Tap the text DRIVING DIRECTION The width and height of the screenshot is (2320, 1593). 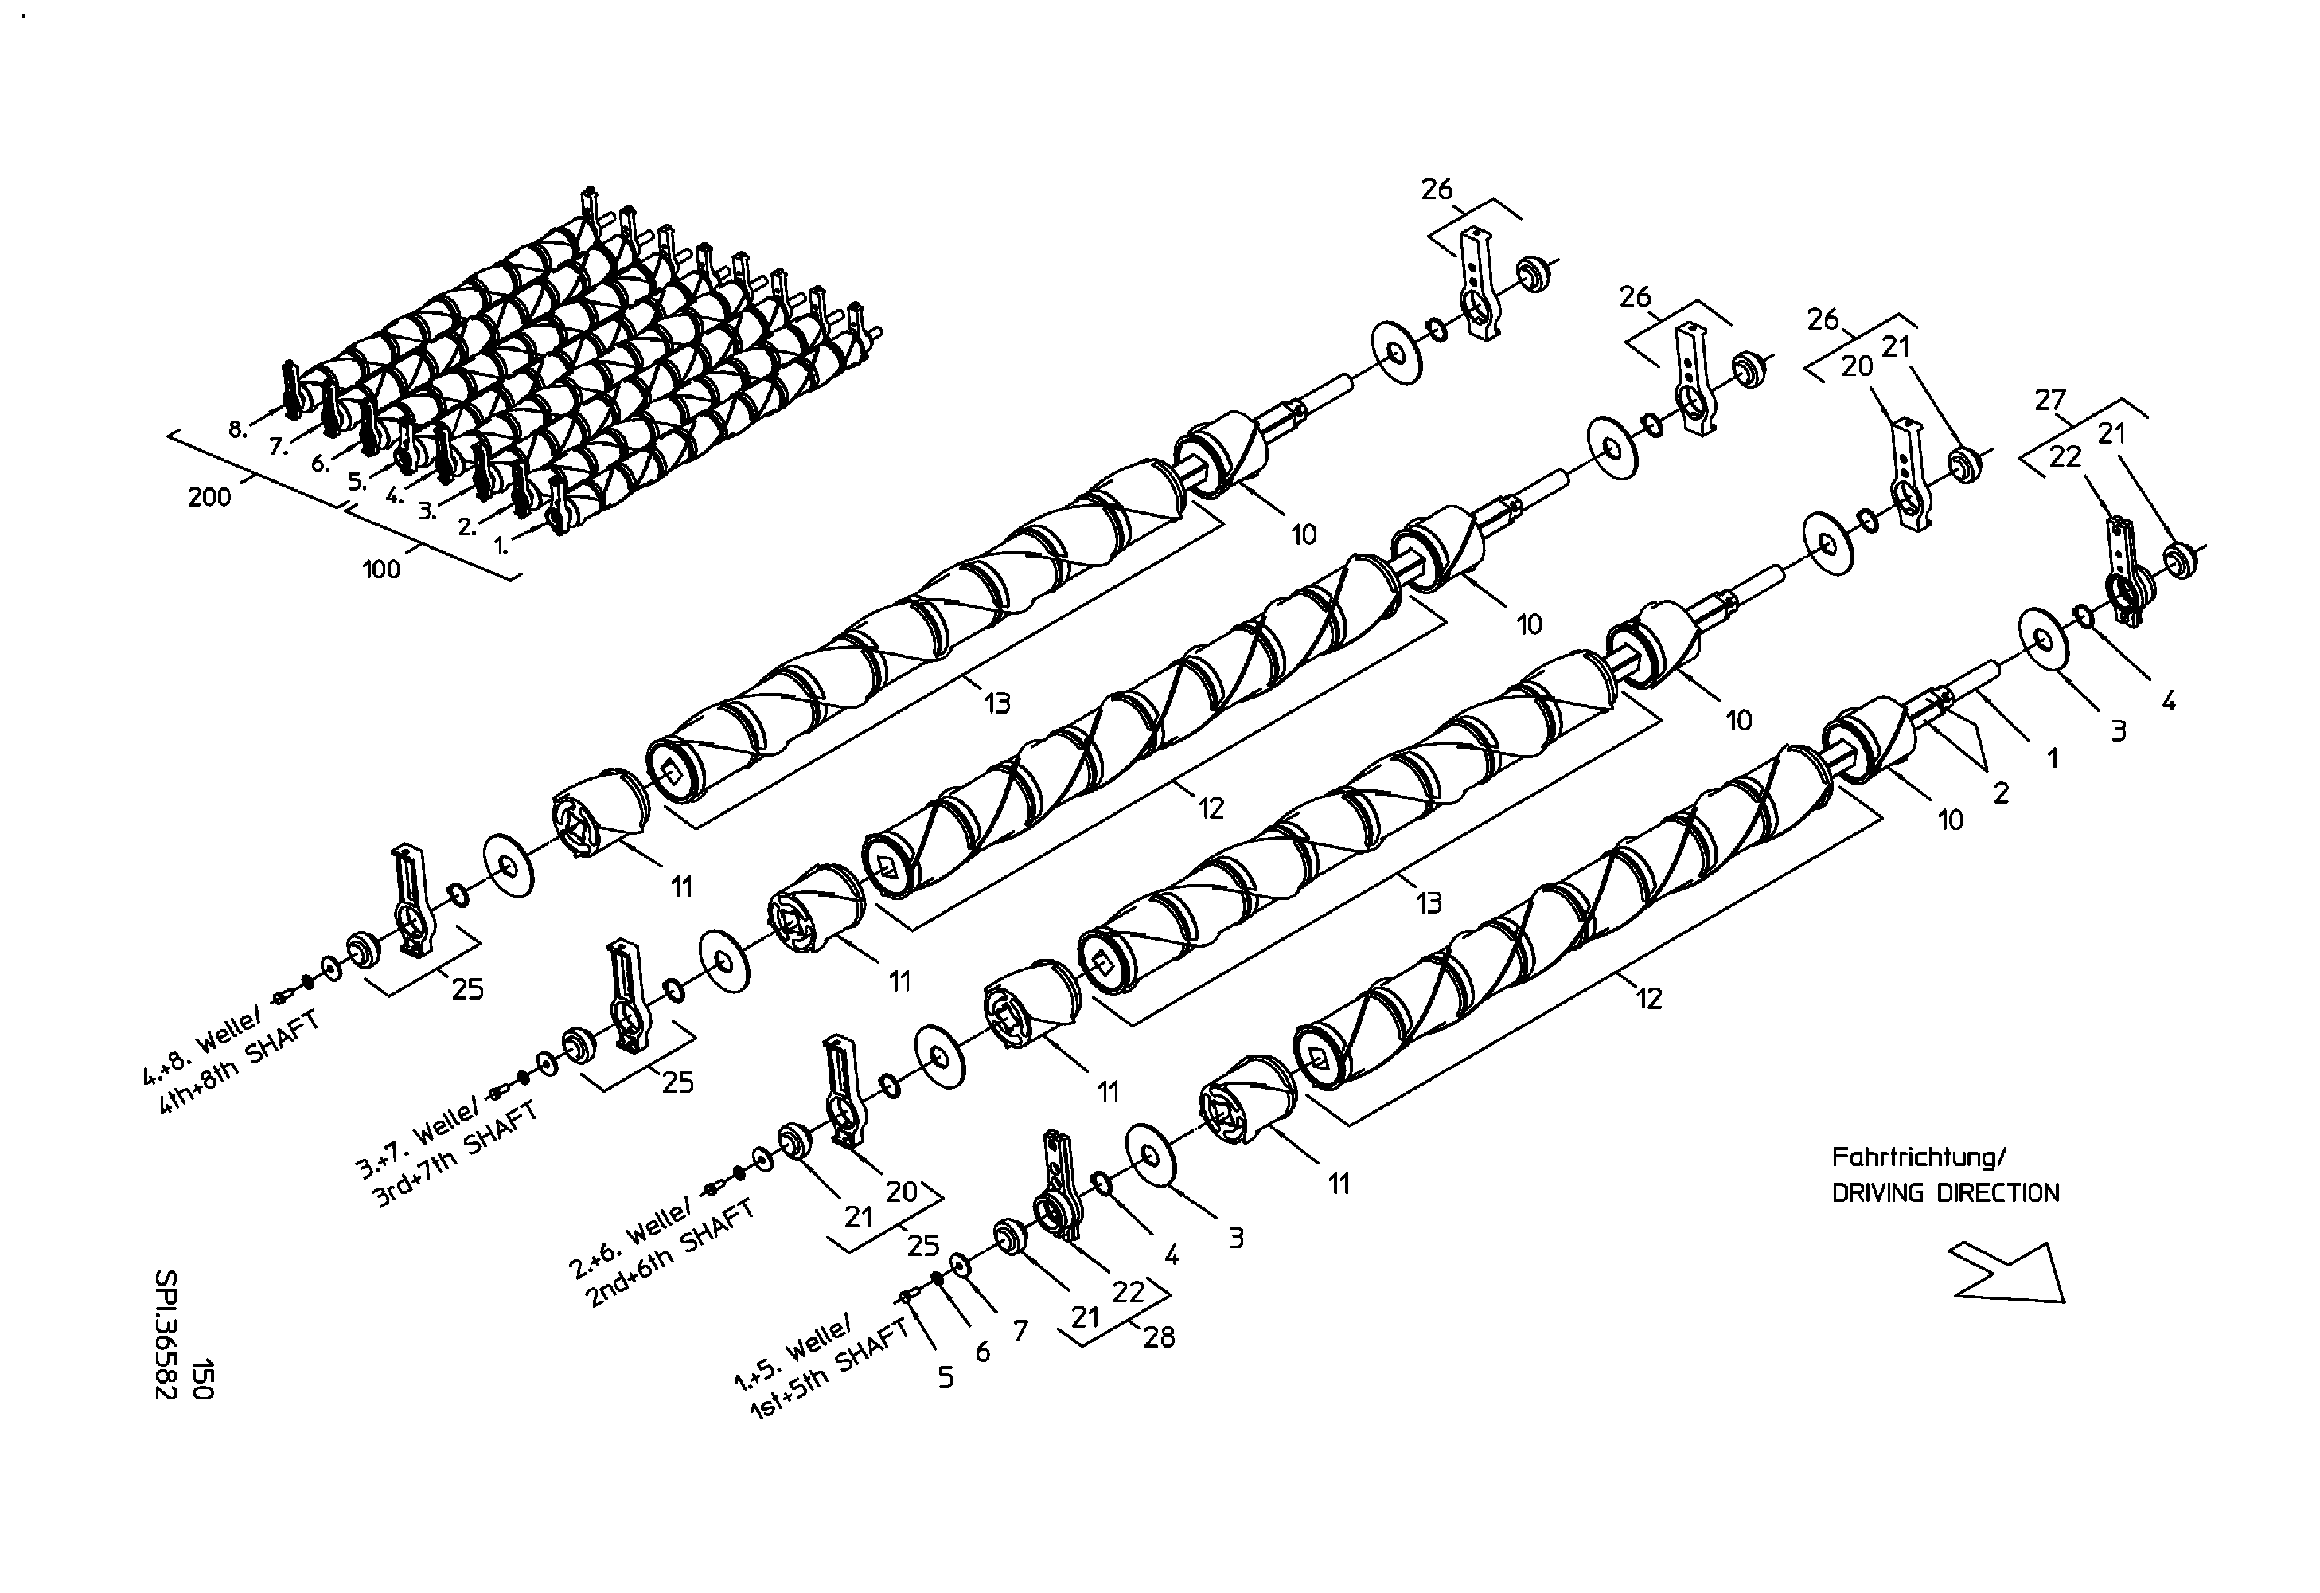pyautogui.click(x=1944, y=1192)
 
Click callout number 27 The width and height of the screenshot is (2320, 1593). pyautogui.click(x=2049, y=401)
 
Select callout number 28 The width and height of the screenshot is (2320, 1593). pyautogui.click(x=1158, y=1337)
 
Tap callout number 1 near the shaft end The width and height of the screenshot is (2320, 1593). pyautogui.click(x=2053, y=759)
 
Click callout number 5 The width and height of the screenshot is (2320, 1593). pyautogui.click(x=946, y=1377)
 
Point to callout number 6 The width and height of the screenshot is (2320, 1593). pyautogui.click(x=982, y=1352)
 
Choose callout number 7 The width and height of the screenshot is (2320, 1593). pyautogui.click(x=1020, y=1330)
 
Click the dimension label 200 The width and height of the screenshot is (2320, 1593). pyautogui.click(x=209, y=496)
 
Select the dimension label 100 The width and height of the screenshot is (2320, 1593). pyautogui.click(x=380, y=569)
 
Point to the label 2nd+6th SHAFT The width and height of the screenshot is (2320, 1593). pyautogui.click(x=669, y=1254)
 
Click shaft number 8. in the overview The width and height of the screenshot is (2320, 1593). pyautogui.click(x=238, y=430)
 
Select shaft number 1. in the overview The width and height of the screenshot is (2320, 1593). pyautogui.click(x=502, y=546)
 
